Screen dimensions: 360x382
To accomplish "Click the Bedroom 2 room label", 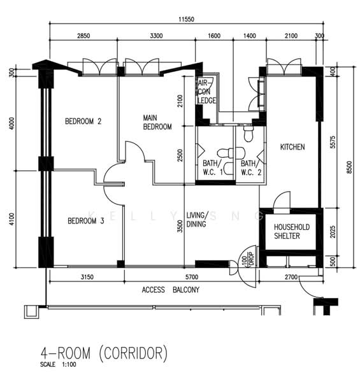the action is click(x=83, y=121).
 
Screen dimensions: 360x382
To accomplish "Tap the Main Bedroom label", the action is click(x=157, y=122).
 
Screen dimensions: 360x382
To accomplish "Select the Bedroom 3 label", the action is click(x=86, y=221).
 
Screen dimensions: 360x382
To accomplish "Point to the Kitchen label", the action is click(x=292, y=147).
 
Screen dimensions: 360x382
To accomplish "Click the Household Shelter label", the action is click(x=292, y=232).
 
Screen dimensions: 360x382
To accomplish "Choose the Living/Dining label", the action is click(x=197, y=220).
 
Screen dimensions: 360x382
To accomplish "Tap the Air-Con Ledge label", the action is click(x=206, y=92).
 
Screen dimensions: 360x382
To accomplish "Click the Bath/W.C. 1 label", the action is click(x=213, y=167).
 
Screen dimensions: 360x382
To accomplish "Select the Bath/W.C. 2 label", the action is click(x=251, y=167).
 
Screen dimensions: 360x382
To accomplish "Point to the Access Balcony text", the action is click(x=171, y=290).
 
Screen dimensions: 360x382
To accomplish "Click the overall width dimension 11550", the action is click(x=186, y=19).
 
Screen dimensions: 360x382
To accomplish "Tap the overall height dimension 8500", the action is click(x=350, y=167).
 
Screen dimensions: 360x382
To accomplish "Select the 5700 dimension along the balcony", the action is click(x=192, y=277).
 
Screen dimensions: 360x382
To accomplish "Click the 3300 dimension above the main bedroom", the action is click(x=156, y=36).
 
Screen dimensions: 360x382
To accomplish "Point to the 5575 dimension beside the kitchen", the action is click(x=333, y=142).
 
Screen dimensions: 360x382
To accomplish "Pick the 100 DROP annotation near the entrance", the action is click(x=248, y=258).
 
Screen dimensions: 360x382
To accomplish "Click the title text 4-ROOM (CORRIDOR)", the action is click(x=104, y=353).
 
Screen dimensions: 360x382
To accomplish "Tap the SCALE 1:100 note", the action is click(x=58, y=365).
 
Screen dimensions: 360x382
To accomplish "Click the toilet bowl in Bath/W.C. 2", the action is click(x=248, y=133).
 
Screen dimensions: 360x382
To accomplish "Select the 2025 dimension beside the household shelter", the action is click(x=333, y=232).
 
